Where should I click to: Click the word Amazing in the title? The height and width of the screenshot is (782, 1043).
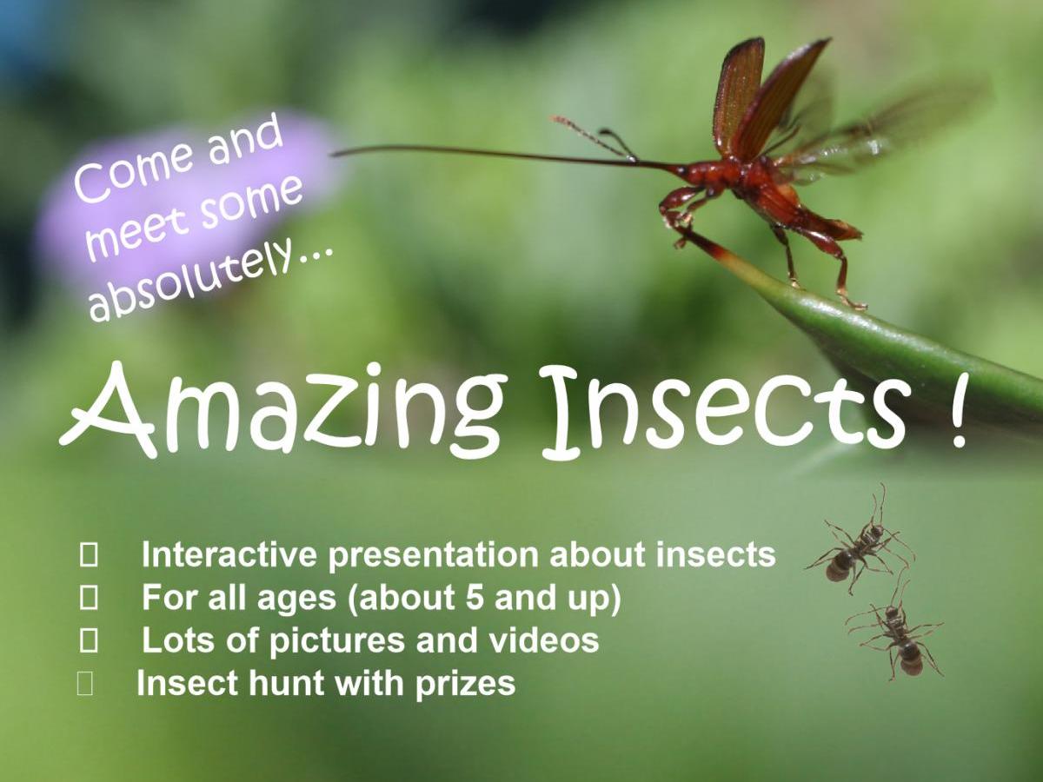pos(281,412)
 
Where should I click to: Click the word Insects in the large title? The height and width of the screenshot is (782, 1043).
pos(721,412)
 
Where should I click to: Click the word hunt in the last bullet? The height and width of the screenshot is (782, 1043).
pos(287,683)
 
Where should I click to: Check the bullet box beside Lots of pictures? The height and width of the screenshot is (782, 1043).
pos(89,641)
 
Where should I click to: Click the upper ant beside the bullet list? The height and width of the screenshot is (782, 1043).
pos(858,544)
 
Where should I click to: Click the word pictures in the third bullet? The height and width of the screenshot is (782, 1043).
pos(338,642)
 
